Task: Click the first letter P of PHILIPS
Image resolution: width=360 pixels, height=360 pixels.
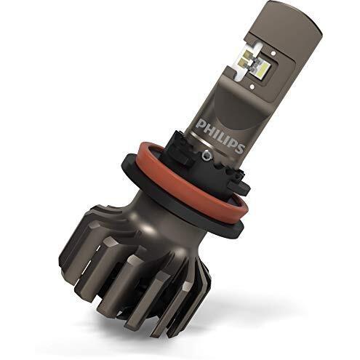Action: tap(201, 123)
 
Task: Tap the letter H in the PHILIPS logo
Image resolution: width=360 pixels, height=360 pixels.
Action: tap(208, 127)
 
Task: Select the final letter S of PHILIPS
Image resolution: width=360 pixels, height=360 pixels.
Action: tap(239, 148)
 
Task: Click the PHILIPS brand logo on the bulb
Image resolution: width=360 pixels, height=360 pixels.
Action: tap(220, 135)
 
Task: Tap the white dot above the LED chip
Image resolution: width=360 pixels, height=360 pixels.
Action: tap(273, 52)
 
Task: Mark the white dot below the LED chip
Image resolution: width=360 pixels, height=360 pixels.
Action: tap(253, 85)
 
